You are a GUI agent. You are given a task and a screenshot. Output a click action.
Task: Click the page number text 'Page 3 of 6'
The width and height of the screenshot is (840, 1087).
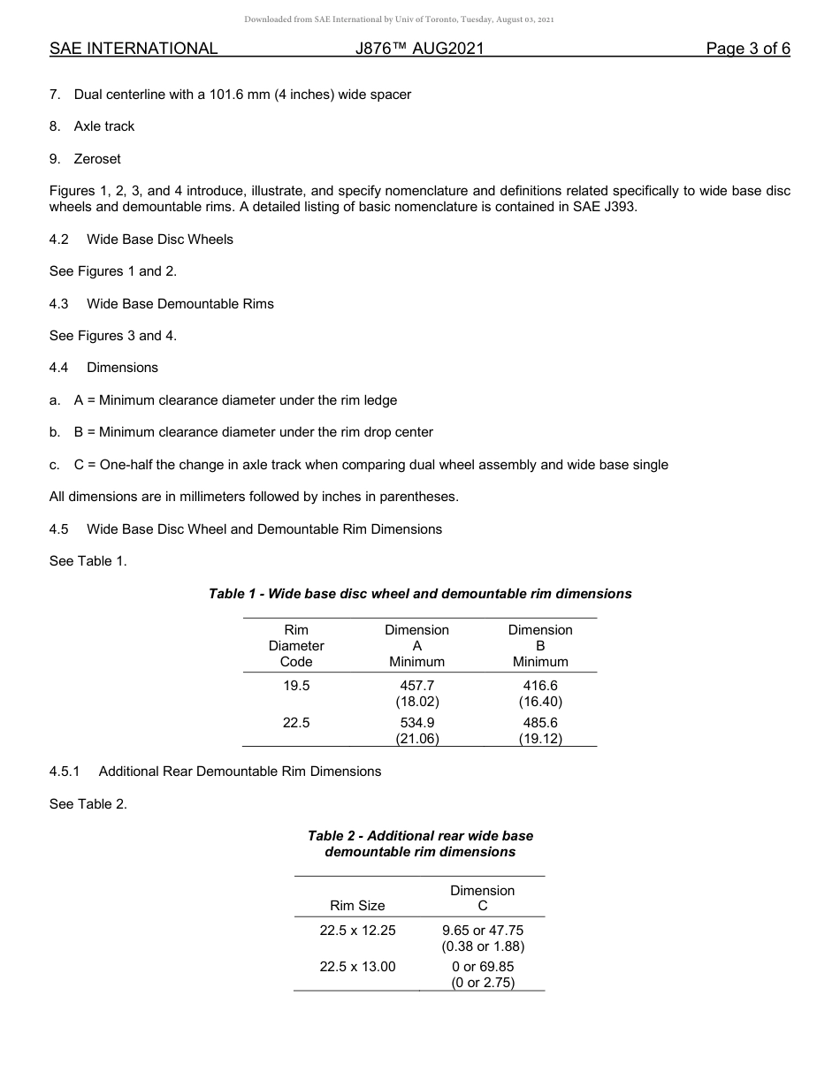[x=747, y=49]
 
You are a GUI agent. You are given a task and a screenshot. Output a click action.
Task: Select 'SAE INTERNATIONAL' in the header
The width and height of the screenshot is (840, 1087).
[x=134, y=49]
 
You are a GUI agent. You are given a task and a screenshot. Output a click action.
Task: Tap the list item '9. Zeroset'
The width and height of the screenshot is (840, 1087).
[x=86, y=159]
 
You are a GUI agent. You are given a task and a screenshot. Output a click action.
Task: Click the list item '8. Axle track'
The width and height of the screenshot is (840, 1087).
[x=93, y=126]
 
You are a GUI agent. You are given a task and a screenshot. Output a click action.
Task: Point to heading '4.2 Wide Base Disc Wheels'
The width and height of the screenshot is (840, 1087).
[x=141, y=239]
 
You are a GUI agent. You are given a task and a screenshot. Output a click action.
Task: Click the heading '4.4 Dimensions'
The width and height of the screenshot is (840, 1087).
[x=104, y=368]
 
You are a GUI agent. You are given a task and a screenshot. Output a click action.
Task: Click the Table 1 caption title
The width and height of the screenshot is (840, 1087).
[x=420, y=594]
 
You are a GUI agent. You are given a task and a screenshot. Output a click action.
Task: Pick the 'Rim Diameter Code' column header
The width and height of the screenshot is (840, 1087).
[x=296, y=646]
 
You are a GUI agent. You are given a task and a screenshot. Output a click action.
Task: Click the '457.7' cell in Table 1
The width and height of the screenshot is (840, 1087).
[x=417, y=686]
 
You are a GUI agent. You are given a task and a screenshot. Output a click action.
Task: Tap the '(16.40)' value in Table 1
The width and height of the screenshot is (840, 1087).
[x=540, y=702]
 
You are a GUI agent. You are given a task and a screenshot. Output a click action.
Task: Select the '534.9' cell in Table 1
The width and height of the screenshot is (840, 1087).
[x=417, y=723]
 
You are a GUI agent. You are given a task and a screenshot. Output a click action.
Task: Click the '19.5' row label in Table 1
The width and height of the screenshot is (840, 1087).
[x=296, y=686]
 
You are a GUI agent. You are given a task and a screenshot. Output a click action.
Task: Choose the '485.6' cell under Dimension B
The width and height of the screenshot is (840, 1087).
[x=540, y=723]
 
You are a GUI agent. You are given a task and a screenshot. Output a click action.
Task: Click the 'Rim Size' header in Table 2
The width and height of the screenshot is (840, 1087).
[x=357, y=906]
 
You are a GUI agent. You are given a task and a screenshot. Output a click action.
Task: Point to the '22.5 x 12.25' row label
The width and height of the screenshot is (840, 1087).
[x=357, y=931]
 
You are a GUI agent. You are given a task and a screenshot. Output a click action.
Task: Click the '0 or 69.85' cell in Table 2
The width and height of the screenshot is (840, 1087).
[x=483, y=967]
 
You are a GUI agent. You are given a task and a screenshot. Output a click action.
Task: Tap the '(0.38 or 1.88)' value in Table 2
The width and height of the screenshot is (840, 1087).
[x=483, y=946]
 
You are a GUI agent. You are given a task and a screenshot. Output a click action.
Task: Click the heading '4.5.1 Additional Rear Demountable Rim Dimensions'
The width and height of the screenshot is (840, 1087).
[x=215, y=772]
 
